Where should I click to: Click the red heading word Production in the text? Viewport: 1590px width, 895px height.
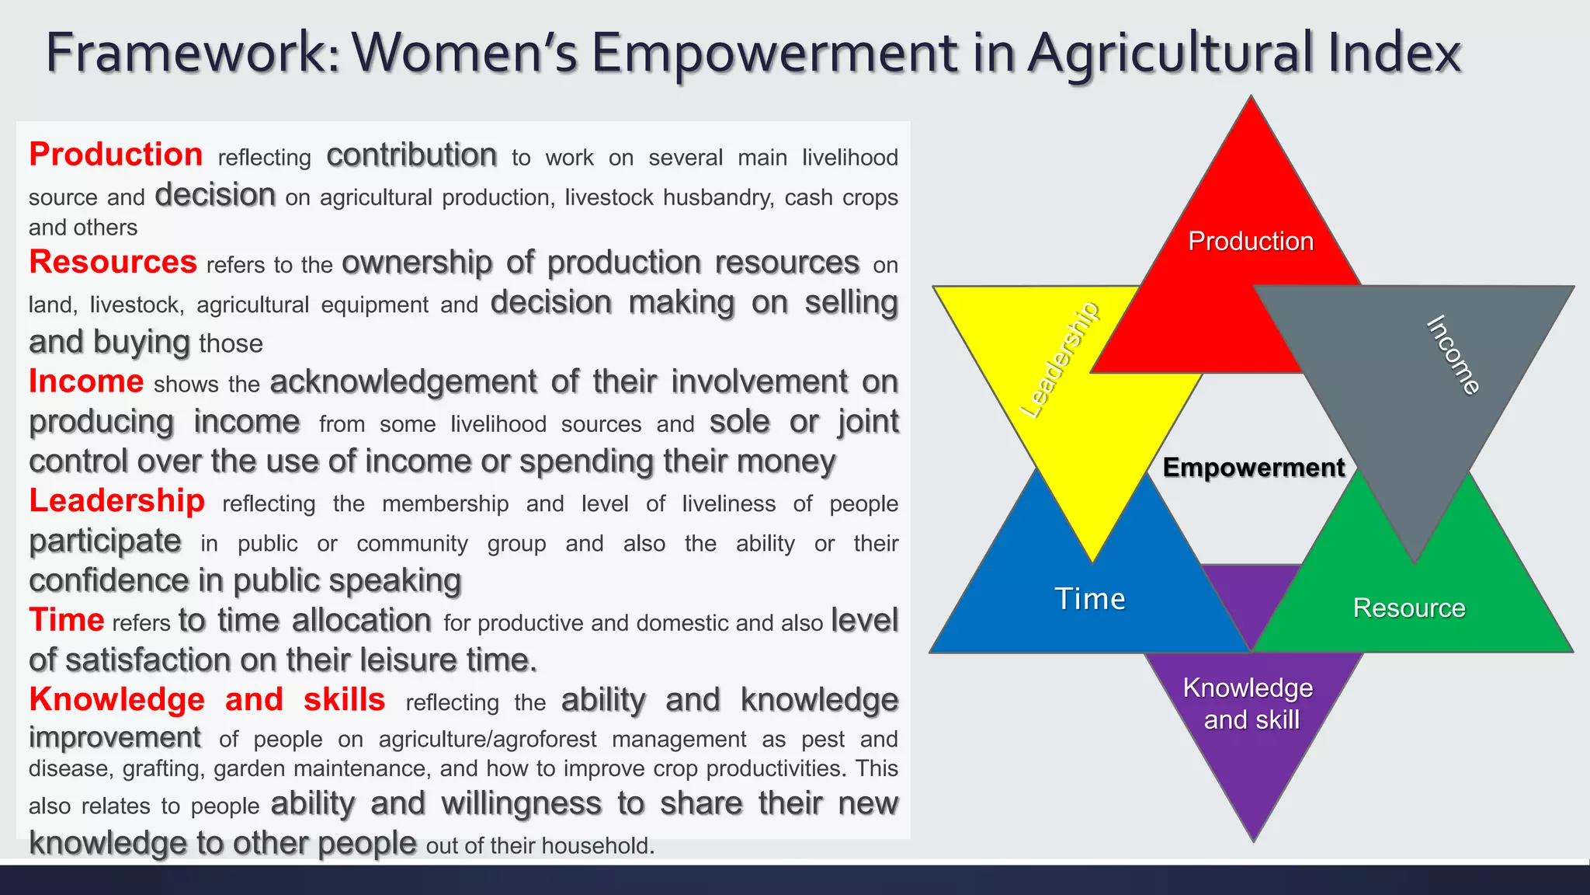click(x=116, y=155)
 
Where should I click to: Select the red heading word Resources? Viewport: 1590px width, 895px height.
click(x=113, y=262)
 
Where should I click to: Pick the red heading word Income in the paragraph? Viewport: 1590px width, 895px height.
click(x=86, y=381)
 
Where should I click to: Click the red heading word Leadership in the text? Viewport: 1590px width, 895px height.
click(x=116, y=501)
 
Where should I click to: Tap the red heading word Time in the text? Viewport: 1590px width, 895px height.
click(x=66, y=621)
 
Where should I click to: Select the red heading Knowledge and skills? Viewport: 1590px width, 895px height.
click(x=207, y=700)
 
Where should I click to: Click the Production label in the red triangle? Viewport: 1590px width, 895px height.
click(x=1250, y=242)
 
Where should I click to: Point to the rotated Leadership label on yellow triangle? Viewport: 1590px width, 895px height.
click(x=1060, y=360)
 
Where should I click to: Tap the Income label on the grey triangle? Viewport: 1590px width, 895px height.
click(x=1453, y=355)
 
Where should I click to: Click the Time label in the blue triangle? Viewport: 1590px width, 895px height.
click(x=1089, y=599)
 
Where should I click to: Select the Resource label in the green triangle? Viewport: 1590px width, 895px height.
click(x=1408, y=608)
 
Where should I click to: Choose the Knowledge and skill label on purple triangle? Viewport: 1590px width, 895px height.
click(x=1248, y=704)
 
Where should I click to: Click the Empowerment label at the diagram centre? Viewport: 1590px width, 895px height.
click(x=1253, y=468)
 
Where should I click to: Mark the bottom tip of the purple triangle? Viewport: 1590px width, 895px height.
click(x=1253, y=839)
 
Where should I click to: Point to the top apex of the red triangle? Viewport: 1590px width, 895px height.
click(x=1251, y=99)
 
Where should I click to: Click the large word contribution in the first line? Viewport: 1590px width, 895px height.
click(x=411, y=155)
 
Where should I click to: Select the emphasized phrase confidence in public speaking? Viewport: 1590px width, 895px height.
click(x=245, y=581)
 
